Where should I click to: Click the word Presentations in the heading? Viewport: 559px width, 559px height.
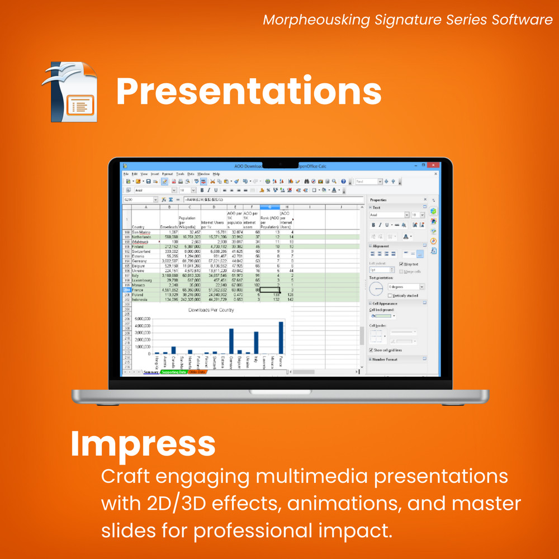tap(249, 91)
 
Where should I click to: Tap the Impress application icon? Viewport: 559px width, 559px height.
tap(70, 92)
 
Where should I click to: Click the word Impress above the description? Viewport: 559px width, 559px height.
tap(143, 444)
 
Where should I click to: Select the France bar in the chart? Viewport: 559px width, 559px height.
tap(281, 337)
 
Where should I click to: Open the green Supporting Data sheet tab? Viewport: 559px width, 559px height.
tap(173, 372)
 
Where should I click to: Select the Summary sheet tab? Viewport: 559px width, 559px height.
tap(151, 372)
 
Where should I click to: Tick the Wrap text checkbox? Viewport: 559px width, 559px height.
tap(401, 264)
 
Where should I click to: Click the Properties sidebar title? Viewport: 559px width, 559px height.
tap(378, 200)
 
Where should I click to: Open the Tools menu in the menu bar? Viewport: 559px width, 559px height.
tap(180, 174)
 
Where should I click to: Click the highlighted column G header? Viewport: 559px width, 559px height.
tap(269, 207)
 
